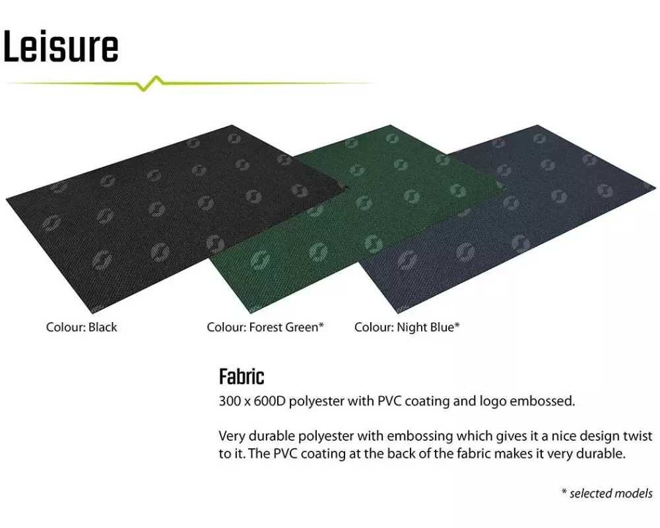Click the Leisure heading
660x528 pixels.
click(61, 46)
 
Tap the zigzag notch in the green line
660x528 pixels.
click(150, 83)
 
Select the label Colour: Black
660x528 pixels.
click(81, 327)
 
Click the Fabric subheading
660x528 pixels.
click(242, 376)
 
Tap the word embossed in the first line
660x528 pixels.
click(542, 401)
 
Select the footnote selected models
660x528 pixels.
click(611, 493)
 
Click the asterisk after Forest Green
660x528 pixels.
click(321, 325)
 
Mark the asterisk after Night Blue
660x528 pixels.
click(457, 325)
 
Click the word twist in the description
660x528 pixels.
click(637, 436)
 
